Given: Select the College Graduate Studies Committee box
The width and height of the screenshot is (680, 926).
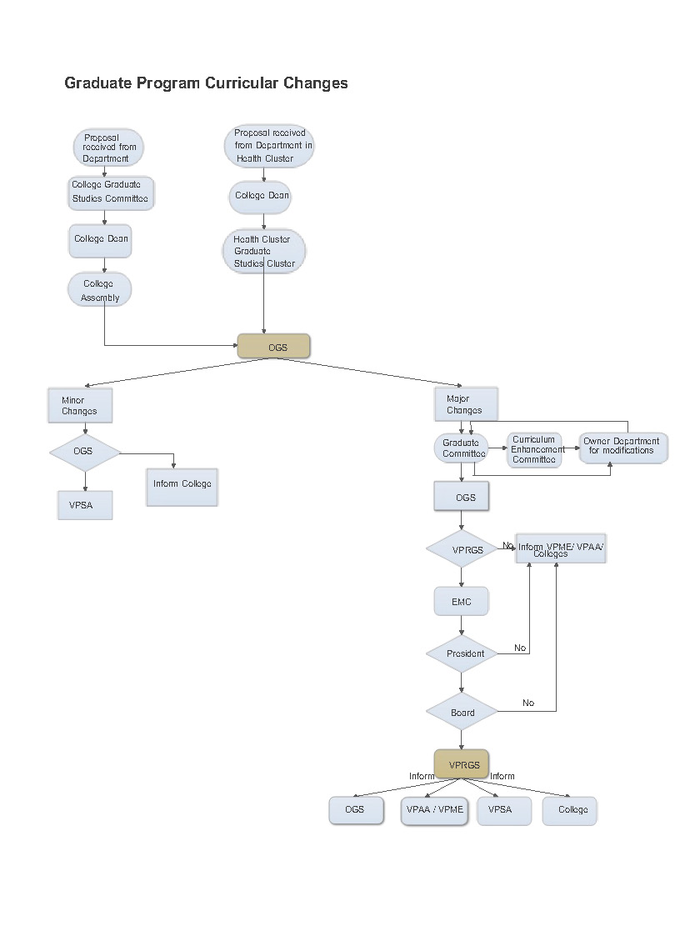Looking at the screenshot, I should [x=110, y=192].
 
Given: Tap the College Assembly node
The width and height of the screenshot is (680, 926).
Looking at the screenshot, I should [x=100, y=290].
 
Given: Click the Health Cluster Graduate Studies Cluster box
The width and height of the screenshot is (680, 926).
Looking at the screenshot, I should [x=263, y=252].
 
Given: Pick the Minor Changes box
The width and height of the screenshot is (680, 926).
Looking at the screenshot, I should [x=79, y=406].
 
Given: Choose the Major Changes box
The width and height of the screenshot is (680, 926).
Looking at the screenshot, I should [x=465, y=404].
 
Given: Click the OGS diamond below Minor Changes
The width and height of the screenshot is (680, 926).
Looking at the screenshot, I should [x=84, y=452].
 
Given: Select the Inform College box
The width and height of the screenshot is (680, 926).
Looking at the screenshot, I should [x=182, y=484].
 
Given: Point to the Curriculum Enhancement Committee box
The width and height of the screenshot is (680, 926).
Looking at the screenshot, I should [x=534, y=450].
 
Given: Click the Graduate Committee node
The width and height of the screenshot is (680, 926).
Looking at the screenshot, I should [x=461, y=448].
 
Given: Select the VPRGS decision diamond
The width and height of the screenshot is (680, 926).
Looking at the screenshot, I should [x=462, y=550].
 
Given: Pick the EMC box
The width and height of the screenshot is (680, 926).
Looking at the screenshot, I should [x=461, y=601].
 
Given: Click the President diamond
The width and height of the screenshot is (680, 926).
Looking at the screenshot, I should [x=462, y=654].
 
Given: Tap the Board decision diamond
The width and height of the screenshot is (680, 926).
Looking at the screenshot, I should [x=462, y=713].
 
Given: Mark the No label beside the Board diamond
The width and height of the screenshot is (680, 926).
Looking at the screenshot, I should [x=528, y=703].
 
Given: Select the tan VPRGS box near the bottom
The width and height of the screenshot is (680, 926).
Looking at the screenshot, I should [x=461, y=764].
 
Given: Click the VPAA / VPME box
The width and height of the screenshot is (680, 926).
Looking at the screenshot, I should [x=435, y=810].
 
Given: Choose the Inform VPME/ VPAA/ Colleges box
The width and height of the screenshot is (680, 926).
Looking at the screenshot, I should [x=561, y=549].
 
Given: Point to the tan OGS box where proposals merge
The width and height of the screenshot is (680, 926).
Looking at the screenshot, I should [x=274, y=347].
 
